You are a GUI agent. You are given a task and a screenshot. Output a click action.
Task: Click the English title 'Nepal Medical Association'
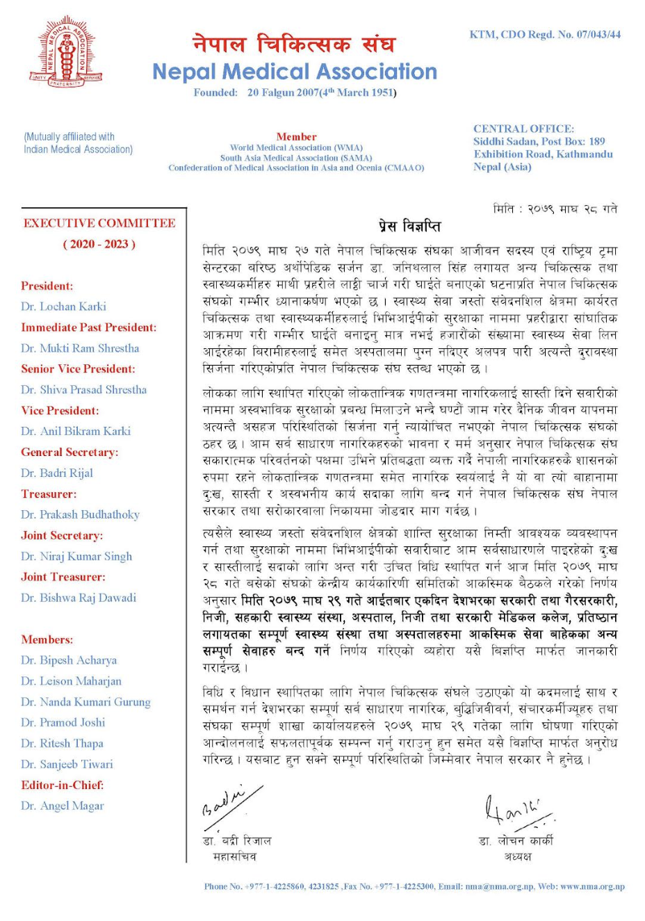click(x=295, y=72)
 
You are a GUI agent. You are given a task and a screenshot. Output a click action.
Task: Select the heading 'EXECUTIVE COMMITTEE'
click(x=99, y=223)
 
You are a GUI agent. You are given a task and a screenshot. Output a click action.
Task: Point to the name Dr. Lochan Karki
click(x=63, y=307)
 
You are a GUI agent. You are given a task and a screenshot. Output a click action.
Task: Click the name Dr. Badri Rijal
click(x=57, y=473)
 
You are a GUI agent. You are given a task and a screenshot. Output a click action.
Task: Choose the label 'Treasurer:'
click(x=49, y=494)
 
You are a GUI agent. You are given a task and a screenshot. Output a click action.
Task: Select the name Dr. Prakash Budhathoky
click(x=80, y=515)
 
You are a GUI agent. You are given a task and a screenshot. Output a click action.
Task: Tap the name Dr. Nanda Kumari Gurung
click(x=85, y=702)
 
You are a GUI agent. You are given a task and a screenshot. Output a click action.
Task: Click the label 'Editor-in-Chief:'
click(x=63, y=785)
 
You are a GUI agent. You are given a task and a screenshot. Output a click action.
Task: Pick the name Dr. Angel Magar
click(x=63, y=806)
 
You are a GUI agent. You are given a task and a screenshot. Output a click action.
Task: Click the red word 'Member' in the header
click(x=296, y=137)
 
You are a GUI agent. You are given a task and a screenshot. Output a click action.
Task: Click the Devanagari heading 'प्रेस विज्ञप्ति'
click(x=409, y=227)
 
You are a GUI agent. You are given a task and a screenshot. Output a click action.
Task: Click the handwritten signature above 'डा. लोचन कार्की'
click(x=516, y=810)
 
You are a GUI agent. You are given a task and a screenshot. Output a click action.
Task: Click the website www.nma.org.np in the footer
click(x=592, y=886)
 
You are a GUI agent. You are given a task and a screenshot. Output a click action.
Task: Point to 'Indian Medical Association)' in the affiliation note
click(x=78, y=149)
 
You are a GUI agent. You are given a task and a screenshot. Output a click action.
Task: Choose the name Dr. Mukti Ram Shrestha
click(x=80, y=348)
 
